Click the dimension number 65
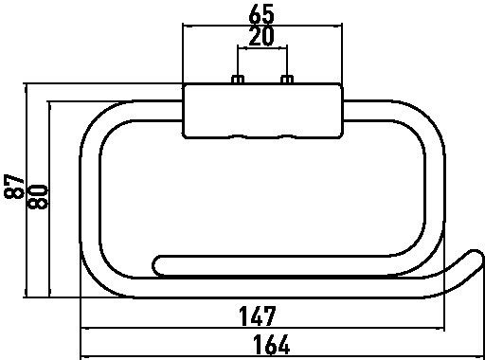(261, 14)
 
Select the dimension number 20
(261, 37)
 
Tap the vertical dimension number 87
(14, 187)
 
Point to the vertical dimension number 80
(38, 197)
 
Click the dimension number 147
(258, 315)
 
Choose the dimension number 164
(272, 345)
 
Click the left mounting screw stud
(237, 80)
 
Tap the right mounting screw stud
(287, 80)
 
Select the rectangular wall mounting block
(262, 111)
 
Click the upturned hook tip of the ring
(477, 255)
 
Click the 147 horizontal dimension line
(262, 329)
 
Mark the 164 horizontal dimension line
(282, 356)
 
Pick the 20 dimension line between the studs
(262, 48)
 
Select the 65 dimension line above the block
(262, 26)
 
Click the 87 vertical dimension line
(27, 190)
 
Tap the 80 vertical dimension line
(49, 199)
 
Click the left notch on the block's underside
(238, 136)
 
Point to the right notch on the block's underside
(286, 136)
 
